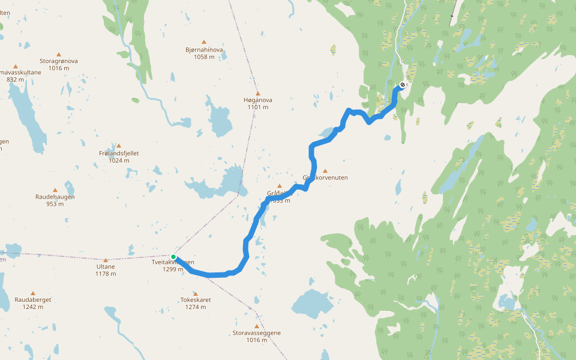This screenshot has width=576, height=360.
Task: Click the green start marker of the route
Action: pos(173,257)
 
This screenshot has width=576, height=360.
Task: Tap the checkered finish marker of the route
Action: pos(402,85)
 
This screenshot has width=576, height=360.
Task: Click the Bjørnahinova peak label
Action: pos(205,50)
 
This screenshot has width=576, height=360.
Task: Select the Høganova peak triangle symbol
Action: pos(258,94)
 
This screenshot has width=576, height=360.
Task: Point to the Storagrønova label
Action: pos(59,61)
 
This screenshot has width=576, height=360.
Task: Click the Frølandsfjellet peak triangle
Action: pos(119,146)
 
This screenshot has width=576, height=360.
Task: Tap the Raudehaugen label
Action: pos(55,197)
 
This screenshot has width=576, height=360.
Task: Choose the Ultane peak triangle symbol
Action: pos(106,260)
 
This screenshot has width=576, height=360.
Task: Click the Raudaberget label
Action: pos(33,299)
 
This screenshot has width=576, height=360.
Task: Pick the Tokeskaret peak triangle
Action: pos(196,293)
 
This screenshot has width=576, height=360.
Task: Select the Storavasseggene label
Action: pos(256,333)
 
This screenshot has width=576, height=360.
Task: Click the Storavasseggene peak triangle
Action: pos(256,326)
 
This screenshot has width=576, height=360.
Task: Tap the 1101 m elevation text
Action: pos(257,107)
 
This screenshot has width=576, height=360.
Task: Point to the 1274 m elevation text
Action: pos(196,307)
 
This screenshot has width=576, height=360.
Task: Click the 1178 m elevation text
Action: pos(106,274)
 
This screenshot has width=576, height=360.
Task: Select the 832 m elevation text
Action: pos(16,79)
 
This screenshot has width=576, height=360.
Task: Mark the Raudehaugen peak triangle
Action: pos(55,190)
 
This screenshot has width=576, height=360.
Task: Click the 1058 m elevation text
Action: pos(205,57)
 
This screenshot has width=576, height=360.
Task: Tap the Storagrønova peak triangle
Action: pos(59,53)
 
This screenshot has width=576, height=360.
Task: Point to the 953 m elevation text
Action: pos(55,204)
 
